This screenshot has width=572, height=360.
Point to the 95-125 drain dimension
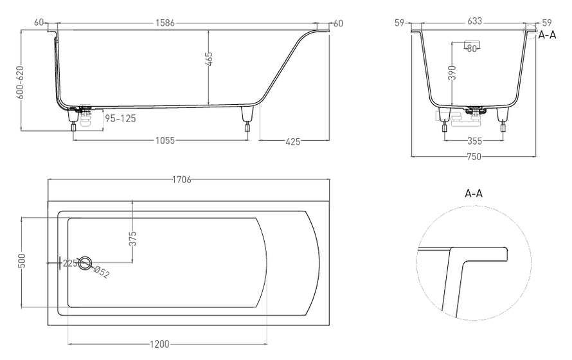click(x=120, y=118)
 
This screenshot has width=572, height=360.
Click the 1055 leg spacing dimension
click(x=161, y=139)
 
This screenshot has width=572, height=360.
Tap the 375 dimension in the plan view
click(x=133, y=239)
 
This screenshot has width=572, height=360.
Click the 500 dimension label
click(x=22, y=261)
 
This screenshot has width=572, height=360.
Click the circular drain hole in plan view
click(x=85, y=262)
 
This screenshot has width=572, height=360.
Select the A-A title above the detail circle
click(x=474, y=193)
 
